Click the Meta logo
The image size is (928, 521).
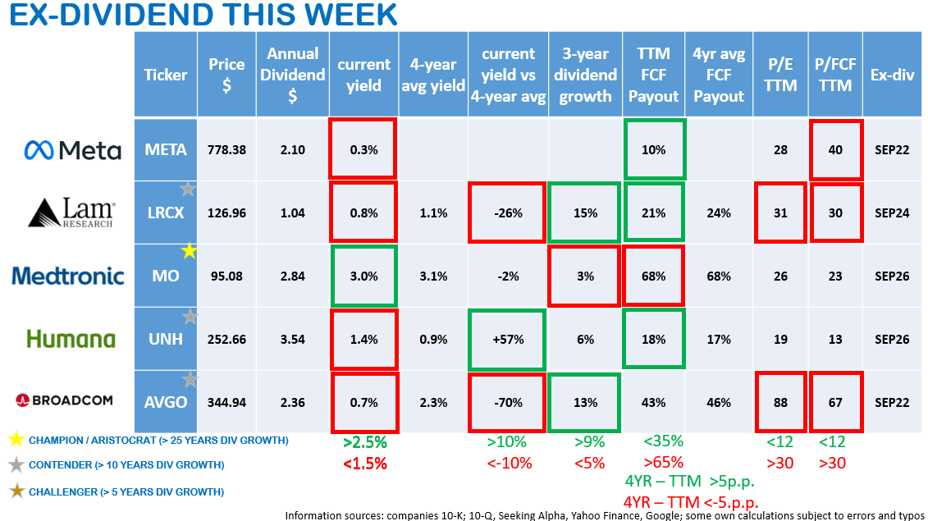coord(72,150)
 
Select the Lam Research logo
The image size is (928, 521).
coord(72,213)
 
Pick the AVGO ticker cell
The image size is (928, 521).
coord(166,402)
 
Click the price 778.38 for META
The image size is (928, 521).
coord(226,150)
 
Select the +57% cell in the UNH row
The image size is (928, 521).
coord(507,339)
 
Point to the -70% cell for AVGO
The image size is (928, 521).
coord(507,402)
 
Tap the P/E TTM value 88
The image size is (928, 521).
coord(779,402)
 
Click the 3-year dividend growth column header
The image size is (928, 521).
coord(585,75)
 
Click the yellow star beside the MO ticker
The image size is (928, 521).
coord(189,251)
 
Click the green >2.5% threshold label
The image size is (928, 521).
coord(364,442)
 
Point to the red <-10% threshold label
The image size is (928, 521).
coord(508,463)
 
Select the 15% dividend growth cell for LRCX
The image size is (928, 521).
coord(585,213)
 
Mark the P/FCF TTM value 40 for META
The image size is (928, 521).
coord(835,150)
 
